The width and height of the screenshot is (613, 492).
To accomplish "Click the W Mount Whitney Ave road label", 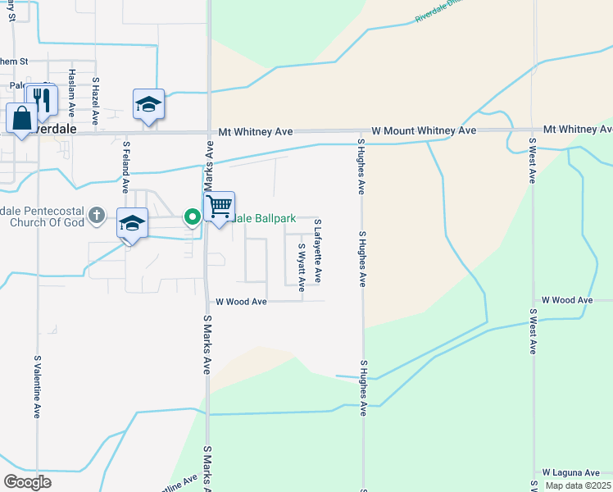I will click(423, 130).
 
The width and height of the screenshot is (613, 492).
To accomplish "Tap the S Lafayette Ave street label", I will click(317, 251).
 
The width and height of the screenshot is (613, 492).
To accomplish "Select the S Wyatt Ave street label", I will click(301, 266).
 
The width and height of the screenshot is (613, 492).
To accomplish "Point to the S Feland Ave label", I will click(126, 166).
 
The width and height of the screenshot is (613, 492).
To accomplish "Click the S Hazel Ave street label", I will click(95, 101).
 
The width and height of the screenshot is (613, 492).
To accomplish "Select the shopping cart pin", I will click(220, 207).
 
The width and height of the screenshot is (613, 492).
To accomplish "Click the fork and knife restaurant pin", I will click(41, 100).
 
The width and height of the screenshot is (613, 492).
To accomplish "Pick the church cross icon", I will click(96, 215).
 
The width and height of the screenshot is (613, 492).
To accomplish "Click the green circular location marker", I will click(193, 216).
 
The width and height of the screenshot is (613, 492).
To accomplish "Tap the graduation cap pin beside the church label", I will click(132, 223).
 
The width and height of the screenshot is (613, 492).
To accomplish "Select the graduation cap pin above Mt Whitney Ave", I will click(148, 104).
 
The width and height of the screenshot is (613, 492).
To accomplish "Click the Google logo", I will click(27, 482).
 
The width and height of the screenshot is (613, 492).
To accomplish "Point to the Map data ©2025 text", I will click(578, 485).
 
